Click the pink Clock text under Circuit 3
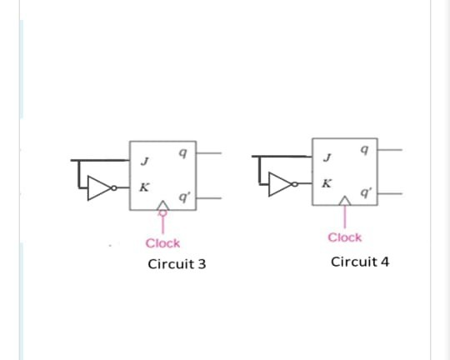point(162,243)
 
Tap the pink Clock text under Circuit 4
point(345,237)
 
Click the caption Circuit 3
point(177,264)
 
